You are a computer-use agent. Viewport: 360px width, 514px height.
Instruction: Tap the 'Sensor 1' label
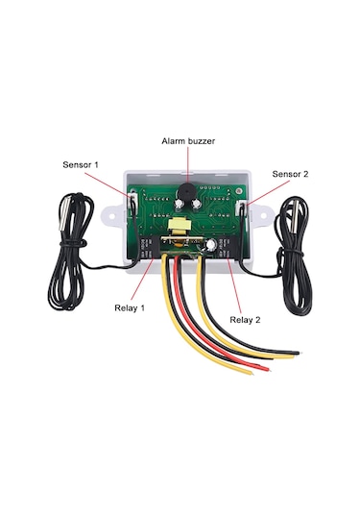pos(82,165)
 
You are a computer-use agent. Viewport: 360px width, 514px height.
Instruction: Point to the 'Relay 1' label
pos(125,308)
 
